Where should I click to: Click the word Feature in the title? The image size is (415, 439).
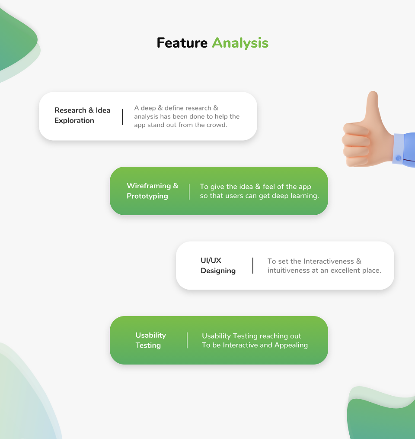coord(182,43)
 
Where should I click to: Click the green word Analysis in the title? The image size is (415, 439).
coord(240,43)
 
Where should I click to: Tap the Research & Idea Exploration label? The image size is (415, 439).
coord(82,115)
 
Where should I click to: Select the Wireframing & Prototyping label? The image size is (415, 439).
coord(153,191)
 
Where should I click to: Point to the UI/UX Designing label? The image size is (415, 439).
coord(218,265)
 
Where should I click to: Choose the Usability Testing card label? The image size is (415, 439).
coord(151,340)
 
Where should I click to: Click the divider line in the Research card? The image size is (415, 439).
coord(122,117)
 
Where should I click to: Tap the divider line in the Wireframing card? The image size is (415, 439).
coord(189,192)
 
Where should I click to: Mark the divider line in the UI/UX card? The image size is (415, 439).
coord(253,266)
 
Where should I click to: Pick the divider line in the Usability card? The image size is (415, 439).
coord(187,340)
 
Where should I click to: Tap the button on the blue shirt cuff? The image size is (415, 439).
coord(398,158)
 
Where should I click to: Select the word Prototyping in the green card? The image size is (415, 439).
coord(147,196)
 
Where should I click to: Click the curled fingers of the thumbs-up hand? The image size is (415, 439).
coord(355,144)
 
